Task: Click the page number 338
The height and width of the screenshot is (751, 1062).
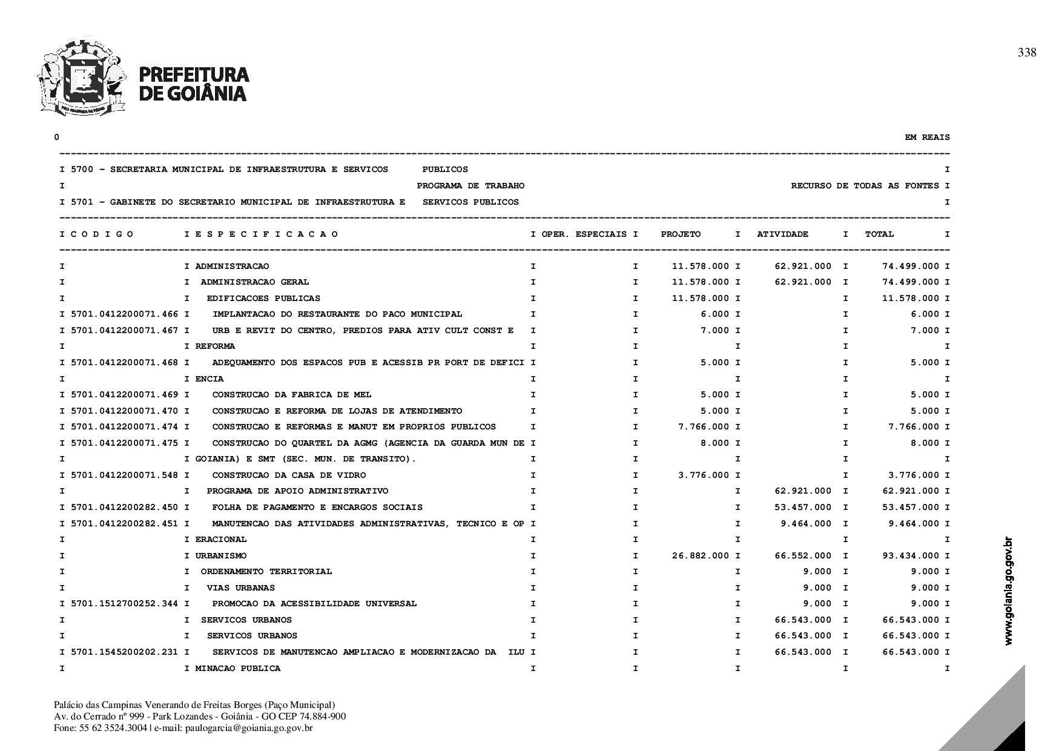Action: [1027, 53]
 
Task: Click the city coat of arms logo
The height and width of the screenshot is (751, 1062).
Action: [81, 77]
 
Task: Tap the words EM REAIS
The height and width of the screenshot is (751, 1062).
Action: [927, 137]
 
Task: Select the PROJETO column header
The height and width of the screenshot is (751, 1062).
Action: [681, 234]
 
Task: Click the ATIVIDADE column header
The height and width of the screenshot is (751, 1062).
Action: [782, 234]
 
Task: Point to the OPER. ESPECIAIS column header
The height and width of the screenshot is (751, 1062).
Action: [584, 234]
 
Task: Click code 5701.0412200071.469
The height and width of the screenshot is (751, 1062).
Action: [125, 395]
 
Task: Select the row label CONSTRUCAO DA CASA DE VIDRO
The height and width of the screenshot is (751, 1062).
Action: [289, 475]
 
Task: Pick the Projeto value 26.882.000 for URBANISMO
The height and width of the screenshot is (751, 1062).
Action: [701, 556]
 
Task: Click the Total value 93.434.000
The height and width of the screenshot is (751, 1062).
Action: [911, 556]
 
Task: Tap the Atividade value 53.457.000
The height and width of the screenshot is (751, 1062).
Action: [803, 508]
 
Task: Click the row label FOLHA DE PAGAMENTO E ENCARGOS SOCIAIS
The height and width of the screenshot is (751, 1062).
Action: [317, 508]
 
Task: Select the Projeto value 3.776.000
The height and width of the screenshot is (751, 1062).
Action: [704, 475]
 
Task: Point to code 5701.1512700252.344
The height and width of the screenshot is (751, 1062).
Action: [125, 604]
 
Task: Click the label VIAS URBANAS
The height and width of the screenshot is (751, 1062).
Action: [240, 588]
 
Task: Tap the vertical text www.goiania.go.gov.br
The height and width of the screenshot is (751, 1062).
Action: [1008, 591]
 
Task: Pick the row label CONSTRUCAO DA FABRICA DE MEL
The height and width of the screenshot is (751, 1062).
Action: [292, 395]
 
